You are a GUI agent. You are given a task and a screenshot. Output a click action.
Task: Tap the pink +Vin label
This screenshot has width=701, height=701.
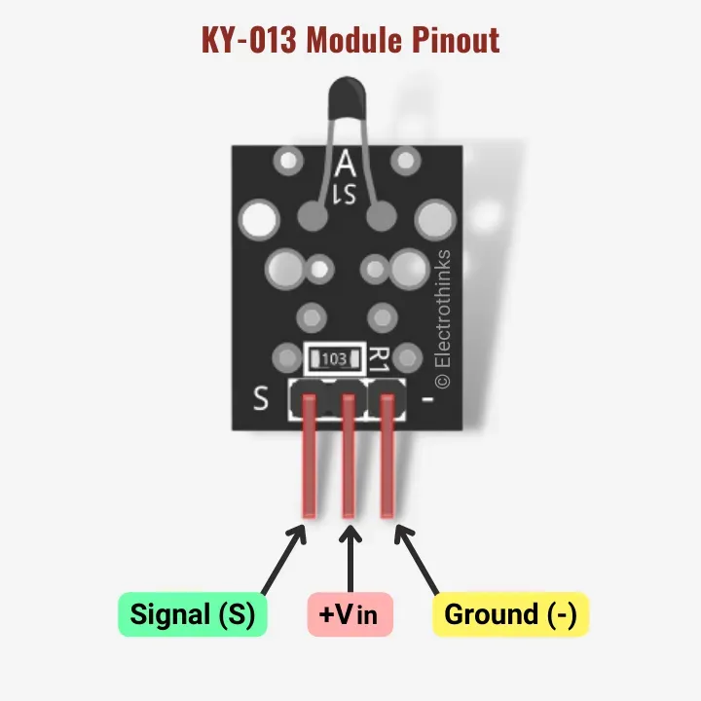pyautogui.click(x=350, y=614)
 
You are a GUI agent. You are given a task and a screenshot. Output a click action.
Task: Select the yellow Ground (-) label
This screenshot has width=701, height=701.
pyautogui.click(x=510, y=614)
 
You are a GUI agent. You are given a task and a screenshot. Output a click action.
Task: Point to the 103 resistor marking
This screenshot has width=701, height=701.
pyautogui.click(x=333, y=359)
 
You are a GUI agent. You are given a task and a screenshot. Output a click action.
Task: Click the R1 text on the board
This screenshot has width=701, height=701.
pyautogui.click(x=380, y=358)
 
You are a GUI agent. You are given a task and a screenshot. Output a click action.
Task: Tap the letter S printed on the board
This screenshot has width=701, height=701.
pyautogui.click(x=261, y=399)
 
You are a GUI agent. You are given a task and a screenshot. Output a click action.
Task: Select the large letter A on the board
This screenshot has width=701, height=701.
pyautogui.click(x=346, y=162)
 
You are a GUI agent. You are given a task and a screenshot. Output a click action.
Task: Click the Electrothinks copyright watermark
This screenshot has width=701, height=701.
pyautogui.click(x=443, y=317)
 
